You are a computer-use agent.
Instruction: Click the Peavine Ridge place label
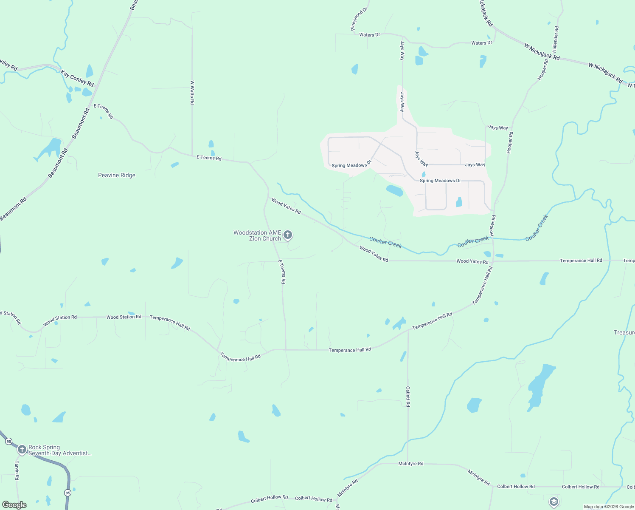pos(117,175)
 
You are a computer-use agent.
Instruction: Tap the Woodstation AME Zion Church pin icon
pos(288,235)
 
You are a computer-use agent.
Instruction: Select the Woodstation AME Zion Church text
pos(258,235)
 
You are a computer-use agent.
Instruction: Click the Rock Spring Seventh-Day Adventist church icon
pos(22,449)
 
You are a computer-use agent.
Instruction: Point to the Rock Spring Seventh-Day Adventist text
pos(59,450)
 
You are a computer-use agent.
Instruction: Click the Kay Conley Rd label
pos(77,79)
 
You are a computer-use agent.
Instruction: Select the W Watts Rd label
pos(192,93)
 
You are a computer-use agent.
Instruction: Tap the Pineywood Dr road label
pos(359,19)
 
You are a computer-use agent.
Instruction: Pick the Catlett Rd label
pos(408,397)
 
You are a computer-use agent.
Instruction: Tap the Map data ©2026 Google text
pos(609,507)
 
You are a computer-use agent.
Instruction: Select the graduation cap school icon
pos(554,501)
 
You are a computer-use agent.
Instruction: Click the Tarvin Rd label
pos(17,470)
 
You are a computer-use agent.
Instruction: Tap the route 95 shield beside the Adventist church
pos(9,442)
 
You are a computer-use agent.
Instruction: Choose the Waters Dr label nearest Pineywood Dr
pos(369,35)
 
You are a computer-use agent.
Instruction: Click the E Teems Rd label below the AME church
pos(282,272)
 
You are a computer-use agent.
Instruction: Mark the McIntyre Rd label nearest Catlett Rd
pos(410,464)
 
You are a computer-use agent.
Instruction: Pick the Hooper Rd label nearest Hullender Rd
pos(542,69)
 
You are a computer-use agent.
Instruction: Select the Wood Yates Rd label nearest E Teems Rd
pos(286,206)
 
